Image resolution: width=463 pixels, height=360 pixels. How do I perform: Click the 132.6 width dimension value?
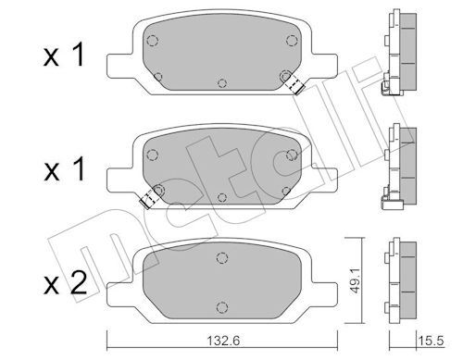[222, 341]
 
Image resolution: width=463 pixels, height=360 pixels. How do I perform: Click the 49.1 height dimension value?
[356, 280]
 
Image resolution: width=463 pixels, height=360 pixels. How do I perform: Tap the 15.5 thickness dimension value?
[431, 341]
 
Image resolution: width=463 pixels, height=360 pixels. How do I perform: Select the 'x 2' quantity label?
[65, 284]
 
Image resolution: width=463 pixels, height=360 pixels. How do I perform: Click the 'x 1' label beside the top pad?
[64, 55]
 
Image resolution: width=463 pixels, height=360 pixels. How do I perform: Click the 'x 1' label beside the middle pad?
[64, 169]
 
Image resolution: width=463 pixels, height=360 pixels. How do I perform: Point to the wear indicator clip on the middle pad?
[150, 197]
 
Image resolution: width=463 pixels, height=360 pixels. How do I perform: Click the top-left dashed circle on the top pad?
[152, 41]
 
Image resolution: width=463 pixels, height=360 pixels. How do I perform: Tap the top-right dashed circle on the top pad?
[292, 41]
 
